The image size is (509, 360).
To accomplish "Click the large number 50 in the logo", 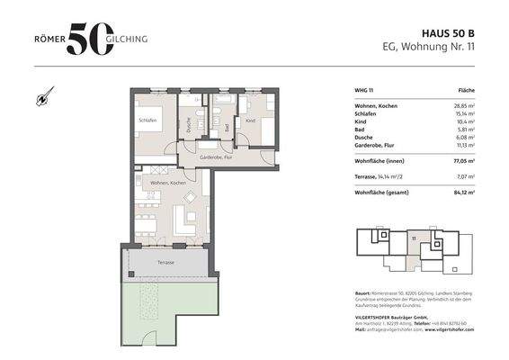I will tap(90, 39).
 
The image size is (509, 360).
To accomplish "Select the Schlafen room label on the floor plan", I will tap(147, 120).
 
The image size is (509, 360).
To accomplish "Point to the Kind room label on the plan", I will tap(250, 120).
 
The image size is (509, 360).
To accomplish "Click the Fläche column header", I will tap(467, 92).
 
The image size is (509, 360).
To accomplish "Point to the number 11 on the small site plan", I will tap(414, 239).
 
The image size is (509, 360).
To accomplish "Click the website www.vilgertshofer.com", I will tap(445, 330).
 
